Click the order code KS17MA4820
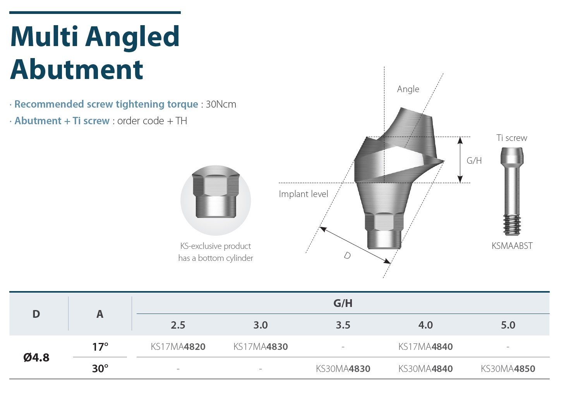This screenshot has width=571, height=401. tap(178, 347)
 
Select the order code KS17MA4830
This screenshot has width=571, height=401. tap(261, 347)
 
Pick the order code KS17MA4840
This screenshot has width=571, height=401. tap(425, 347)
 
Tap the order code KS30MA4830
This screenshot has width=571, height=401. tap(343, 368)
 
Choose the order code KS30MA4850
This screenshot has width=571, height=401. tap(508, 368)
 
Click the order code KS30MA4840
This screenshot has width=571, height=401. tap(425, 368)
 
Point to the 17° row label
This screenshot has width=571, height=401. tap(100, 347)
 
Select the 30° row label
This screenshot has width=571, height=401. tap(100, 368)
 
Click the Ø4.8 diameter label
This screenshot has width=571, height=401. tap(36, 357)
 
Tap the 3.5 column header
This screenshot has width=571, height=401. tap(343, 325)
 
